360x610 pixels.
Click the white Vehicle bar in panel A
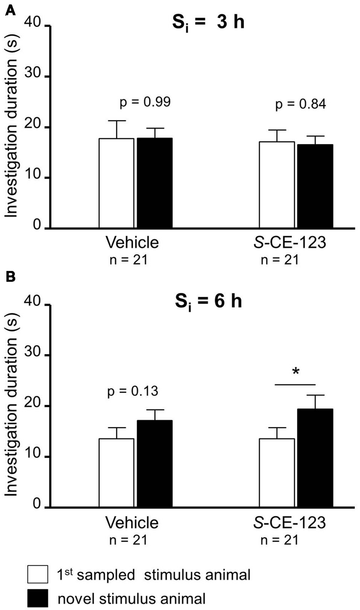coord(116,183)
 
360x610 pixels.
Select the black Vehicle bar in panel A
coord(155,183)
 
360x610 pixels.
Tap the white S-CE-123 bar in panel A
coord(276,185)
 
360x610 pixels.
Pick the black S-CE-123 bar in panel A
coord(315,186)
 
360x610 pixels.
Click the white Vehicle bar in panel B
coord(116,473)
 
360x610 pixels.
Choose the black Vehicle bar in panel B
coord(155,464)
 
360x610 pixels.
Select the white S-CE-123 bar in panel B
coord(276,473)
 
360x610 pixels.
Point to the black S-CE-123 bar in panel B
coord(315,458)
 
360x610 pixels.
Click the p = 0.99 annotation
coord(145,102)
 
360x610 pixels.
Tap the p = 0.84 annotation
coord(301,104)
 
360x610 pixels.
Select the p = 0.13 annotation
coord(132,391)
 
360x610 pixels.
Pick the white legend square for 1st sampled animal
coord(38,574)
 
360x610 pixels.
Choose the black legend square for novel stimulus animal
coord(38,598)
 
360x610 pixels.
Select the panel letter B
coord(11,277)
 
